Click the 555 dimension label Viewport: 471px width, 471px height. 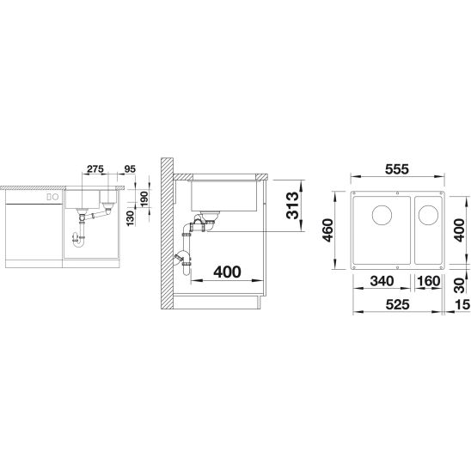point(397,169)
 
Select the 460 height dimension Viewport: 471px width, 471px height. point(327,230)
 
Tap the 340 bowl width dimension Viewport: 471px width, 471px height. point(382,281)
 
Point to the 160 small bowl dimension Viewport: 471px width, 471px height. point(428,281)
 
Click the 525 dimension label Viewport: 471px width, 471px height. point(397,304)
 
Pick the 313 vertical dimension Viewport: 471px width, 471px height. point(292,205)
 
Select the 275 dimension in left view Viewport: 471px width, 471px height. point(95,169)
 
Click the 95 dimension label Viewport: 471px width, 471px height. point(130,169)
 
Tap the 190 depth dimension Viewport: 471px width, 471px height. point(144,199)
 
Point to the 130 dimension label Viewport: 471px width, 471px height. point(130,218)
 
